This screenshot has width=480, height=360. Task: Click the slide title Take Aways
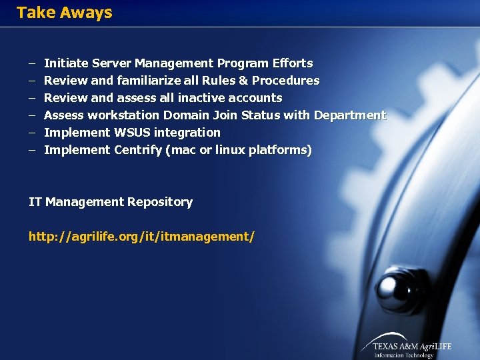[64, 13]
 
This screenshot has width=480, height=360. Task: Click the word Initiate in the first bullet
[65, 63]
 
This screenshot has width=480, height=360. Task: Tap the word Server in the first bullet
[111, 63]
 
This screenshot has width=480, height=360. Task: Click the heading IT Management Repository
[111, 202]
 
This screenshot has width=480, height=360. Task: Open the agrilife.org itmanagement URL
[141, 237]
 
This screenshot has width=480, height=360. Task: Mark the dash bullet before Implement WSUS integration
[31, 133]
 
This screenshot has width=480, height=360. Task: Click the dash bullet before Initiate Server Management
[31, 63]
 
